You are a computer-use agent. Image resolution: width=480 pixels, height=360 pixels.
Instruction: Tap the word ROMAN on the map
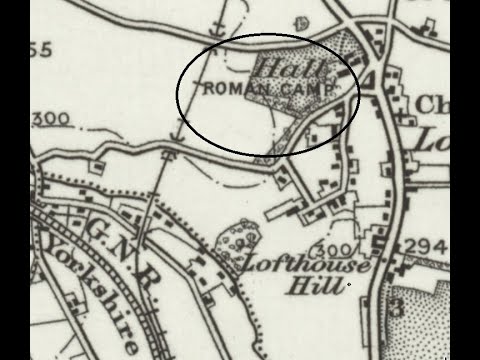tap(234, 90)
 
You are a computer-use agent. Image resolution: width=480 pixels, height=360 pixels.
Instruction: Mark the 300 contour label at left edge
tap(52, 119)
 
